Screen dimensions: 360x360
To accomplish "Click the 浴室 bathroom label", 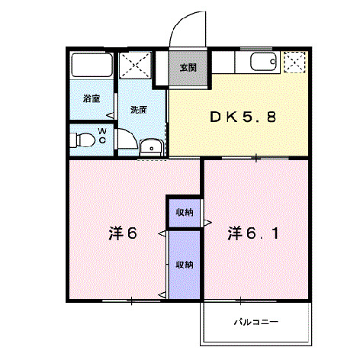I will click(x=92, y=98).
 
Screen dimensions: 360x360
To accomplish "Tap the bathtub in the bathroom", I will click(x=92, y=65).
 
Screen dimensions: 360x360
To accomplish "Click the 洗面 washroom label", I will click(x=137, y=109).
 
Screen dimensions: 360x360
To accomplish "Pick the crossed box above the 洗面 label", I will click(x=136, y=64).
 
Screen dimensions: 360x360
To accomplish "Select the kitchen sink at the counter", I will click(x=260, y=63).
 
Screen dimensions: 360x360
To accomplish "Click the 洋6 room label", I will click(x=122, y=233).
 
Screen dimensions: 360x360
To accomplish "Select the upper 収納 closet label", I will click(x=183, y=211).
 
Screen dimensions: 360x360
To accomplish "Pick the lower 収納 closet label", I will click(x=183, y=265).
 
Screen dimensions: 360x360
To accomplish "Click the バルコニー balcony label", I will click(x=256, y=322).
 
